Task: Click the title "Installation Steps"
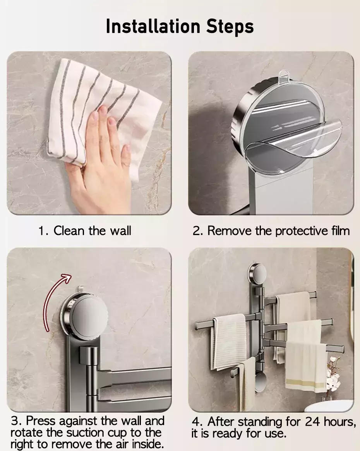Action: (x=180, y=26)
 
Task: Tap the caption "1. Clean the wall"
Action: (x=85, y=231)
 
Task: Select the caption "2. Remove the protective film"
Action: (x=271, y=231)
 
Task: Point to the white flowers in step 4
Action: (x=334, y=374)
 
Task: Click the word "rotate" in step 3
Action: (x=27, y=432)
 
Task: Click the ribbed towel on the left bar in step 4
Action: (x=229, y=341)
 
